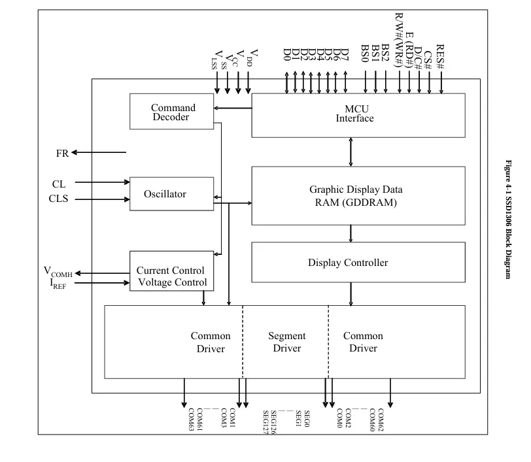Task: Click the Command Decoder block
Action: coord(172,112)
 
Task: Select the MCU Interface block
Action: coord(358,115)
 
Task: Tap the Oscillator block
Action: coord(172,194)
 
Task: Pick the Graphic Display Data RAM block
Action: coord(358,196)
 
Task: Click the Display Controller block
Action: coord(358,263)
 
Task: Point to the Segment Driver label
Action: coord(286,342)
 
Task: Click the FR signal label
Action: coord(62,153)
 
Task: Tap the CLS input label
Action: coord(58,199)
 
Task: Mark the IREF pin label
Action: coord(55,284)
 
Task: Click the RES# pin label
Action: coord(441,56)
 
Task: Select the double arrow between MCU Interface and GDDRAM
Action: coord(351,152)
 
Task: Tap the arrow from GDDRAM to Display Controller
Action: coord(351,233)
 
